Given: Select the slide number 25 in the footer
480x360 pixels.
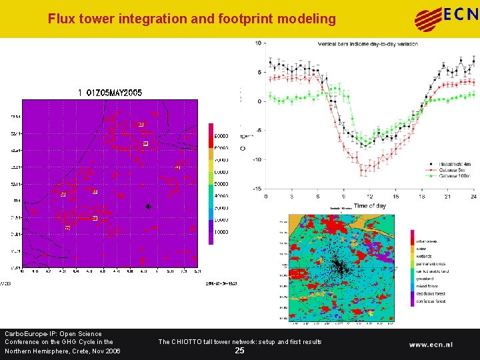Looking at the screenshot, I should point(239,351).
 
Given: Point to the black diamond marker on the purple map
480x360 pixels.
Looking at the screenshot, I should point(148,207).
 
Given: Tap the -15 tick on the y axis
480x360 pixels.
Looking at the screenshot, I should point(256,189).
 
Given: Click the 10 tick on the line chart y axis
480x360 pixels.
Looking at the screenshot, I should point(257,43).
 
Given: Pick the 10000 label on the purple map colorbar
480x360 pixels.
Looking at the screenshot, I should point(221,232).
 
